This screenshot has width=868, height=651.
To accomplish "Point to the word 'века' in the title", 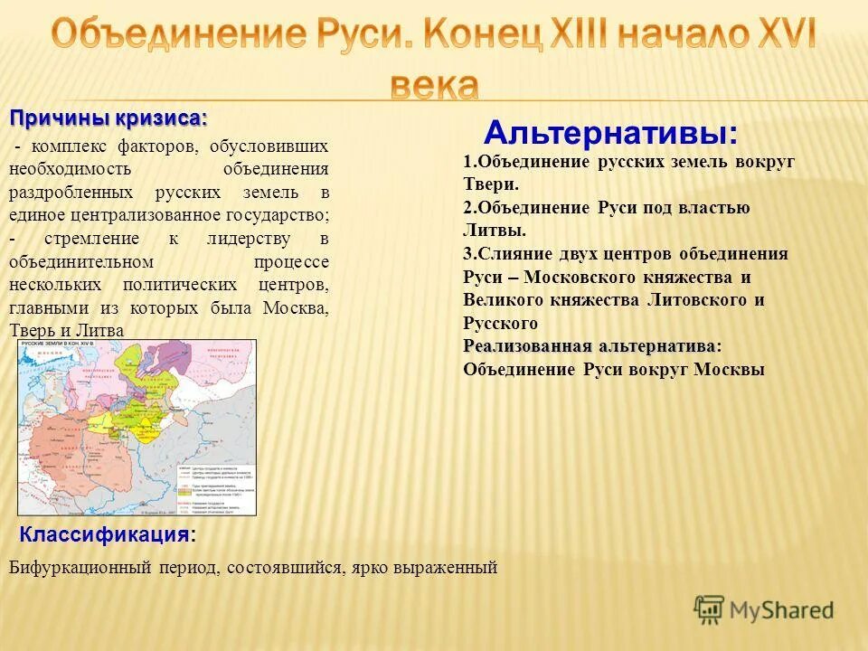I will coord(434,86).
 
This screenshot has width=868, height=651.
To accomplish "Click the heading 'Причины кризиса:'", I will coord(108,118).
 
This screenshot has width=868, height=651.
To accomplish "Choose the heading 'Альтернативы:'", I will coord(610,134).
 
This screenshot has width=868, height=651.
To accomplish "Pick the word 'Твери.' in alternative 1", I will coord(491,184).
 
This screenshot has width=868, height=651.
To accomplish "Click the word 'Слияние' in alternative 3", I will coord(511,254).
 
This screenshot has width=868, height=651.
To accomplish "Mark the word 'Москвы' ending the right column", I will coord(731,370).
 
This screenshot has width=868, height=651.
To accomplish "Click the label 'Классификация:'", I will coord(107,533).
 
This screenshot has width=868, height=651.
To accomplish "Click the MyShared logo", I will coord(764,611).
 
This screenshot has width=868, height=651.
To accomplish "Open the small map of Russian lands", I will coord(137,427).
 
